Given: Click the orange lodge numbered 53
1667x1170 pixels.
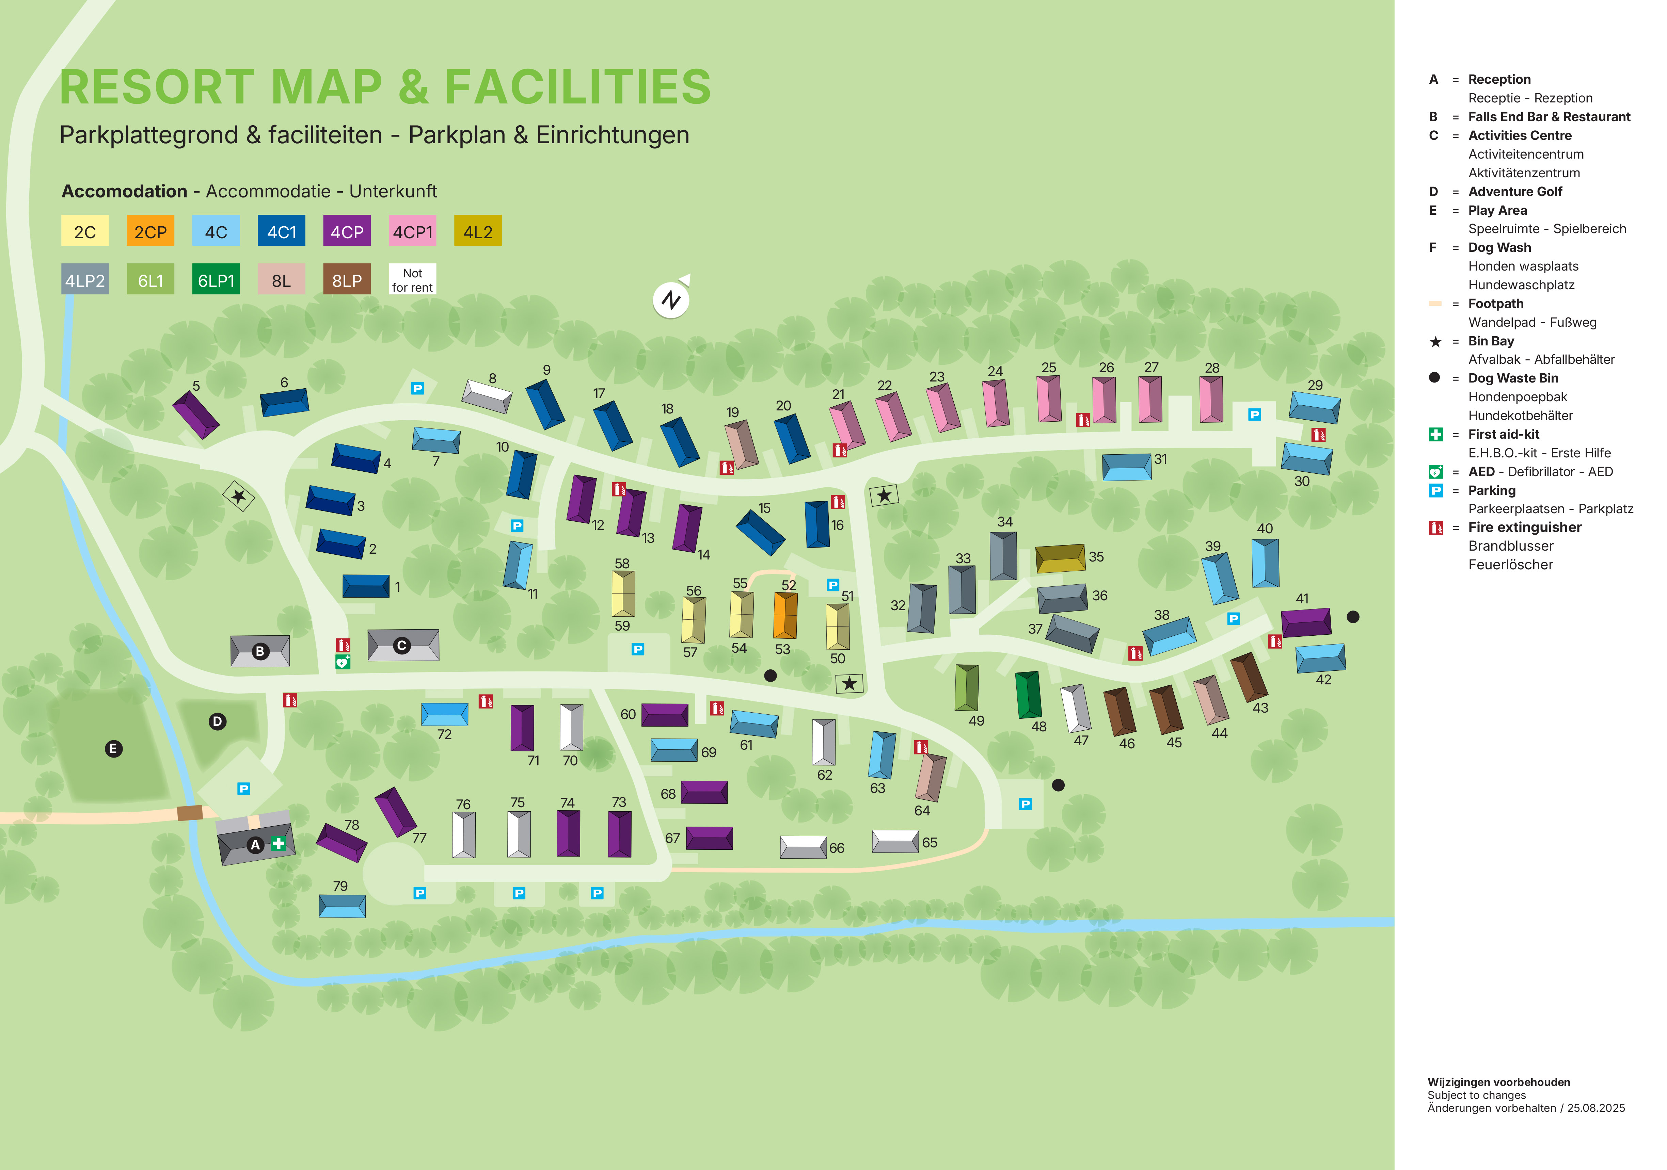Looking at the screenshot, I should (x=785, y=616).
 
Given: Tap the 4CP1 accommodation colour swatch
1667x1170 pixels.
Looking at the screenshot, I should (x=412, y=231).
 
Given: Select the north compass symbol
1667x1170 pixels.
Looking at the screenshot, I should (x=671, y=299).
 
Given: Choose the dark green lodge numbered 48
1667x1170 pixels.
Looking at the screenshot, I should (x=1028, y=695).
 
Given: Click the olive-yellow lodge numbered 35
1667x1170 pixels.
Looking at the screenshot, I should (x=1060, y=558).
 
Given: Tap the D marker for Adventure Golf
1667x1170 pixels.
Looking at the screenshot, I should (x=217, y=721).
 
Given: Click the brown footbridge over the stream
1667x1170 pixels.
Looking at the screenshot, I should (x=190, y=812).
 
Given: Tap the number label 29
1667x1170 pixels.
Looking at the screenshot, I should (x=1315, y=385).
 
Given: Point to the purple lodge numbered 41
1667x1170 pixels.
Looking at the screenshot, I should (x=1305, y=622).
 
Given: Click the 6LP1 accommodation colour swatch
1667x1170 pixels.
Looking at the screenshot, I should (x=216, y=280).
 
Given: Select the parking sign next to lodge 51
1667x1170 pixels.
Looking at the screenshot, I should (x=833, y=585).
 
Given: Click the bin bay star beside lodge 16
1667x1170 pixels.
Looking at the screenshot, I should (x=884, y=495).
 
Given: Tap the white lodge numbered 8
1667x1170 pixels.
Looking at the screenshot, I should (x=487, y=396).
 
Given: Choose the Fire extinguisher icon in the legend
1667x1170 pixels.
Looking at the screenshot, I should (x=1435, y=528).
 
